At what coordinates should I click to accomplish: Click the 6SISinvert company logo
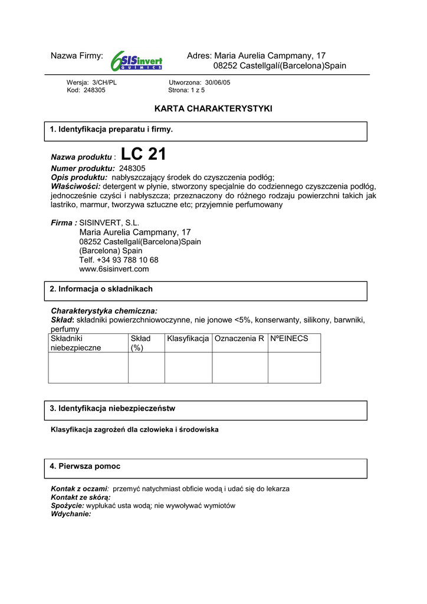point(136,60)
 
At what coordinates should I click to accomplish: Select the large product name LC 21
point(143,155)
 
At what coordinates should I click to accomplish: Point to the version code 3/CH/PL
point(101,83)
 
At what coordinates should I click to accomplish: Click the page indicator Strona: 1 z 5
point(186,90)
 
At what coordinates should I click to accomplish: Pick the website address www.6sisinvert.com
point(114,269)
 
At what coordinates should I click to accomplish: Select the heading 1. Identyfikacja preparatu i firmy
point(111,129)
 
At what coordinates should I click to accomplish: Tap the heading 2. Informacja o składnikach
point(101,289)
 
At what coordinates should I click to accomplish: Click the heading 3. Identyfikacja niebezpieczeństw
point(112,408)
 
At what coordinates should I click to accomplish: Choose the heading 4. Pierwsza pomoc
point(85,466)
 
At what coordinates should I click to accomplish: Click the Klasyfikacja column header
point(188,339)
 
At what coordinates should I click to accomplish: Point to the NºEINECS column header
point(289,339)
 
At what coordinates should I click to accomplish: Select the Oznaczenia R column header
point(239,339)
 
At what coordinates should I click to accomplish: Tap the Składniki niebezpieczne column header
point(76,343)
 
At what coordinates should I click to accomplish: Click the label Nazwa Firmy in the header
point(77,56)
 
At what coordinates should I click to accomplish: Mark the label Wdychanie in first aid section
point(71,514)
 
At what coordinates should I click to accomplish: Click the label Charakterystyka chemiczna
point(104,310)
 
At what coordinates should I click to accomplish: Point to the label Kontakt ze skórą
point(81,497)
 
